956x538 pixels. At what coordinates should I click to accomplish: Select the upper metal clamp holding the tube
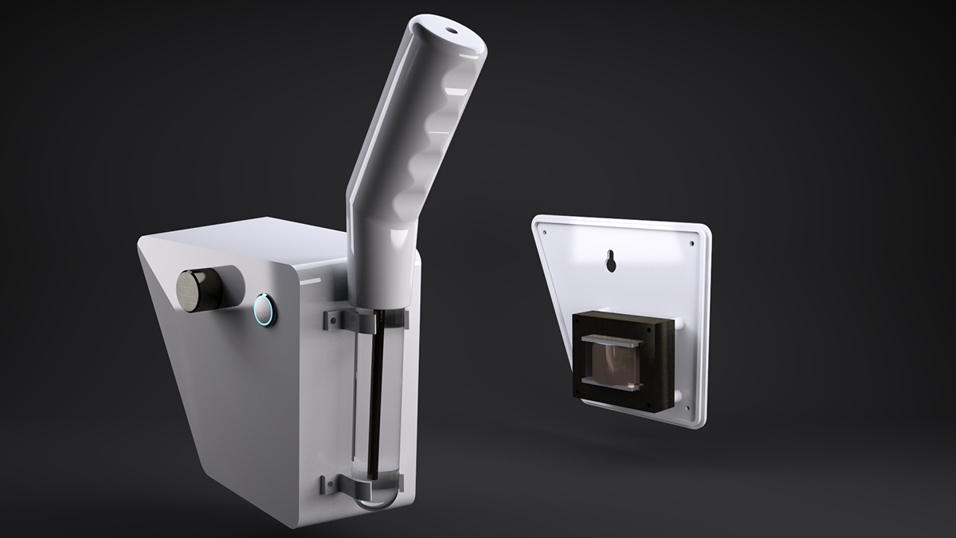point(367,320)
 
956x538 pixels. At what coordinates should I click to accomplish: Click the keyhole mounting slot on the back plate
point(610,261)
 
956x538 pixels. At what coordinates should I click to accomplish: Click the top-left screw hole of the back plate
point(544,228)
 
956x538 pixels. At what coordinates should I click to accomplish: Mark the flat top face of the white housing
point(239,239)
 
